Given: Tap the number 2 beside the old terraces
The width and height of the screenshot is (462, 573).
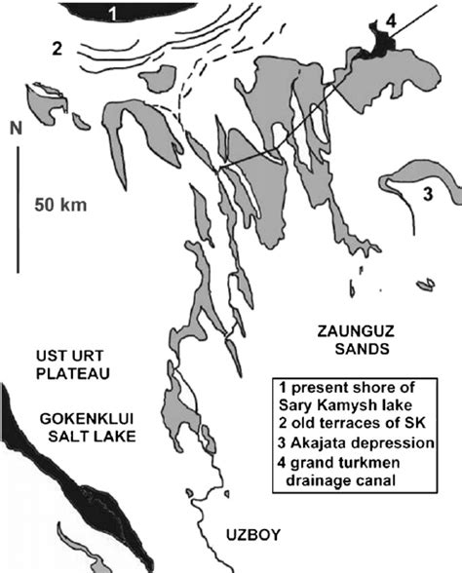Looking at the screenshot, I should point(58,48).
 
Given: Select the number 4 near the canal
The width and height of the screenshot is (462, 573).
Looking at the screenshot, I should point(391,19).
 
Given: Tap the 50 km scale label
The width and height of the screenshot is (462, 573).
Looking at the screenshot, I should point(60,206).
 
